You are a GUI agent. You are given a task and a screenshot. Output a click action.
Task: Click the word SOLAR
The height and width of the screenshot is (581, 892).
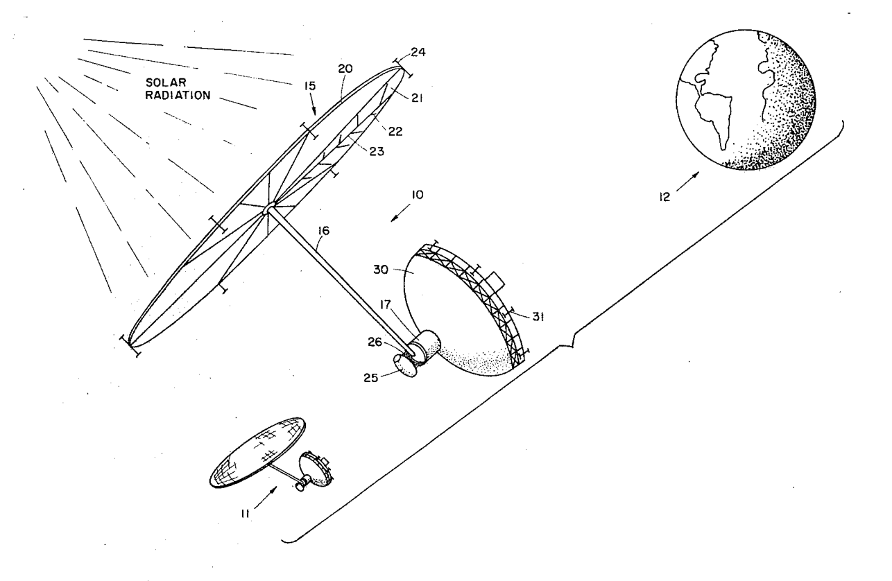click(166, 83)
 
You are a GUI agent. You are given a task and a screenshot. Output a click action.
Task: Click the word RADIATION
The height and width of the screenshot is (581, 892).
click(178, 96)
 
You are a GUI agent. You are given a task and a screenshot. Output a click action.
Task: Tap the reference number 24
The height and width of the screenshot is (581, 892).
click(418, 52)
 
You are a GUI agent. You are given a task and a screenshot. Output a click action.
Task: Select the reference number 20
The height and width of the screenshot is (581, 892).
click(345, 69)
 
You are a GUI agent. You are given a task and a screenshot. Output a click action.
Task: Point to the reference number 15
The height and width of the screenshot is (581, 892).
click(310, 86)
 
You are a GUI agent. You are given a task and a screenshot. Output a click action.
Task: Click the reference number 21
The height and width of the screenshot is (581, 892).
click(417, 98)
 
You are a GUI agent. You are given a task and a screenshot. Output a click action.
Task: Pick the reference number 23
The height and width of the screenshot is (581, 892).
click(377, 152)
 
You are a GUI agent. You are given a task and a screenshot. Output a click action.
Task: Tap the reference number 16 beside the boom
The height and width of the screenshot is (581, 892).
click(324, 231)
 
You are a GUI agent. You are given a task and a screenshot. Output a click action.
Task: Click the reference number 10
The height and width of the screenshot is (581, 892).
click(418, 195)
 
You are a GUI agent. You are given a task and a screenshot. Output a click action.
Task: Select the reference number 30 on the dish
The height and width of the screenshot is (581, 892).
click(381, 270)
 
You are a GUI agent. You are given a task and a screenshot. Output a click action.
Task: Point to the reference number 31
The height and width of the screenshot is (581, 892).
click(538, 317)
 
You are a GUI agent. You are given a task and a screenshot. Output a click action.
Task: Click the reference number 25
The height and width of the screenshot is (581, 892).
click(370, 378)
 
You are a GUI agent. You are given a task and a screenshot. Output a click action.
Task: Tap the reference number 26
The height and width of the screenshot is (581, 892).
click(375, 342)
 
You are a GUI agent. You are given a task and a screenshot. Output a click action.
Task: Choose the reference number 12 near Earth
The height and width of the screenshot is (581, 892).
click(664, 197)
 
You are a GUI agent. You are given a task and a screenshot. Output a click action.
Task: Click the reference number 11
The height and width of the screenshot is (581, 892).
click(245, 514)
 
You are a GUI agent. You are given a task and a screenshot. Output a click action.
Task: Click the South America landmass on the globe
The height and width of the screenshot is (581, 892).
click(714, 114)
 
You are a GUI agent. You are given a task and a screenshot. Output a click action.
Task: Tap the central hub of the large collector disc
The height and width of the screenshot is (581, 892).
click(268, 209)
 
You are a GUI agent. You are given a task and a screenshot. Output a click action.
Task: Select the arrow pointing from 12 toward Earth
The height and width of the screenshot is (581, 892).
click(687, 182)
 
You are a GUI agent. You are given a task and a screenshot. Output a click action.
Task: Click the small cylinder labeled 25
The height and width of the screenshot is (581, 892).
click(405, 366)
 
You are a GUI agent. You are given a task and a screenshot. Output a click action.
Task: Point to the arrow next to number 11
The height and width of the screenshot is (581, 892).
click(265, 497)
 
